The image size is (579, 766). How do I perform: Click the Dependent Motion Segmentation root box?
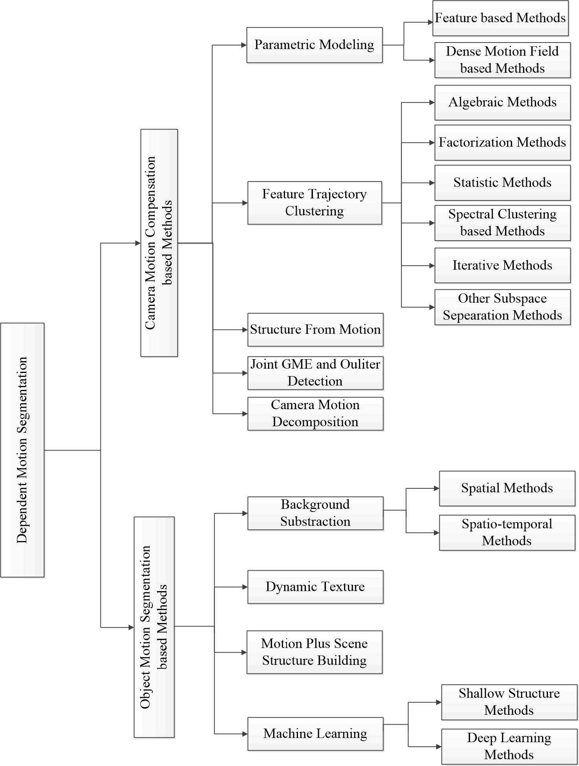(22, 450)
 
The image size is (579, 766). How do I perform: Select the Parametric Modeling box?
(314, 45)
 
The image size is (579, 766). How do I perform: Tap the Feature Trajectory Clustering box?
(314, 203)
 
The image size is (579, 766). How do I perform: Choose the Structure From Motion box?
(315, 330)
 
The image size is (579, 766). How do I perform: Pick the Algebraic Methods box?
(502, 102)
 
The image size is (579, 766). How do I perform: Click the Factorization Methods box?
(502, 143)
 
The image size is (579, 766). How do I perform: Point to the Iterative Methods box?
(502, 265)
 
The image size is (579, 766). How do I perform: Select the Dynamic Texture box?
(315, 587)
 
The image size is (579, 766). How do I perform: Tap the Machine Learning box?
(315, 734)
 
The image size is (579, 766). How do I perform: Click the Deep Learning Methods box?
(509, 746)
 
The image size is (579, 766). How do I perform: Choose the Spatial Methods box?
(507, 488)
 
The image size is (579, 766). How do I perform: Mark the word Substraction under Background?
(315, 521)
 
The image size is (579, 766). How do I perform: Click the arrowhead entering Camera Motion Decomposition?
(245, 414)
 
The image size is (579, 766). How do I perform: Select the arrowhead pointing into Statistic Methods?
(432, 183)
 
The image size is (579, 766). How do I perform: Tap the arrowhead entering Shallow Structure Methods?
(438, 702)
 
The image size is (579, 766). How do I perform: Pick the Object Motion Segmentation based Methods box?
(154, 627)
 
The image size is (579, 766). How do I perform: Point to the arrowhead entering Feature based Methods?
(430, 22)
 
